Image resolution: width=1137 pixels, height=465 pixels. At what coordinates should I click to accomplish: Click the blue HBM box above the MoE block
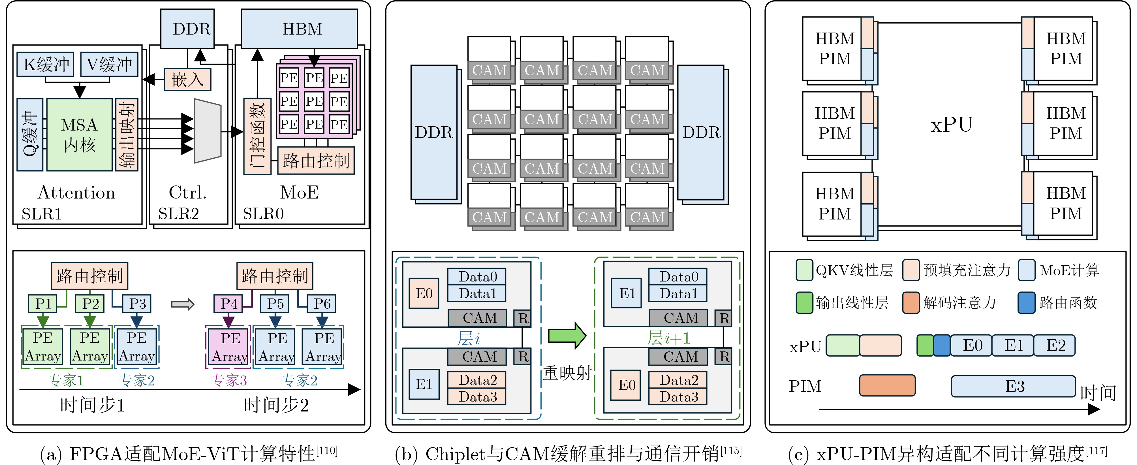coord(299,29)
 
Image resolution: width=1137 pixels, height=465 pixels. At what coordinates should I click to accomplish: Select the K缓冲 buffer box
coord(46,64)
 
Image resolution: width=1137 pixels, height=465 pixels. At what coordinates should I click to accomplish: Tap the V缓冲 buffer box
coord(109,64)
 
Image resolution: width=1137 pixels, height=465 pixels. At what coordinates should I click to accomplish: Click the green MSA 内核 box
coord(80,135)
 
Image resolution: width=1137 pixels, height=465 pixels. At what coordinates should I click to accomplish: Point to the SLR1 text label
coord(42,214)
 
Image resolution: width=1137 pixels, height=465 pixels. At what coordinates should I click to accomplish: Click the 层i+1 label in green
coord(668,338)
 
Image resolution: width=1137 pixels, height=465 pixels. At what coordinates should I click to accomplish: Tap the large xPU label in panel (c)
coord(952,125)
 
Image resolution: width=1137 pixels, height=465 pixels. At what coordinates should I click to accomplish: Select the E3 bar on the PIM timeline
coord(1013,386)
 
